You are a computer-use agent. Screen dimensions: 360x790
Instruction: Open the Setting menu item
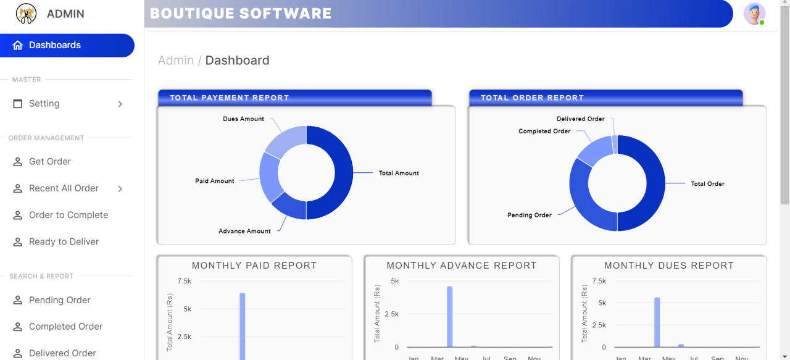pos(44,104)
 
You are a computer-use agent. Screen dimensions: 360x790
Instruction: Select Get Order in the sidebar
pos(50,162)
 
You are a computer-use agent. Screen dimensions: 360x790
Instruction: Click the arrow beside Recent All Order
pos(120,188)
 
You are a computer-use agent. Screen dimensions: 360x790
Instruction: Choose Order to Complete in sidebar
pos(69,215)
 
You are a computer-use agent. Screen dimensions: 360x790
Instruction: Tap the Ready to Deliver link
pos(64,242)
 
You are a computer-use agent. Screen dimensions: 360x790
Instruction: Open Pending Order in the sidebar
pos(60,300)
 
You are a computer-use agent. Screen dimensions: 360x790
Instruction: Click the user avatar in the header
pos(754,14)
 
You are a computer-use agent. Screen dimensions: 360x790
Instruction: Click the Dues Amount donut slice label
pos(243,119)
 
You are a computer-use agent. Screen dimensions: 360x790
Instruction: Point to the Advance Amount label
pos(244,232)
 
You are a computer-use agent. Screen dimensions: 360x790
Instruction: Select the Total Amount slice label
pos(399,174)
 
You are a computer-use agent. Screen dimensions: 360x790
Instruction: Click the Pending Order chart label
pos(529,216)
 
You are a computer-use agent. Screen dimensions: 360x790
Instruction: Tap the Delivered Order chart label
pos(580,119)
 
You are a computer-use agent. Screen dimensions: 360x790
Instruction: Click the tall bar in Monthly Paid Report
pos(243,324)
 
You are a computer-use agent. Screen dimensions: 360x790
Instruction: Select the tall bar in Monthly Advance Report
pos(450,316)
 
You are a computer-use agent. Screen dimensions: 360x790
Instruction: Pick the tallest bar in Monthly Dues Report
pos(657,322)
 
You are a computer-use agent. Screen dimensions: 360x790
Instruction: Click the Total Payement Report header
pos(230,98)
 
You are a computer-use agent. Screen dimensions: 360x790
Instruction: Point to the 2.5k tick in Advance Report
pos(391,314)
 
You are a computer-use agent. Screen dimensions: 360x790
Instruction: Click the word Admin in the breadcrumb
pos(176,61)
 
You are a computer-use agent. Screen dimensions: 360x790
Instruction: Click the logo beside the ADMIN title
pos(26,14)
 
